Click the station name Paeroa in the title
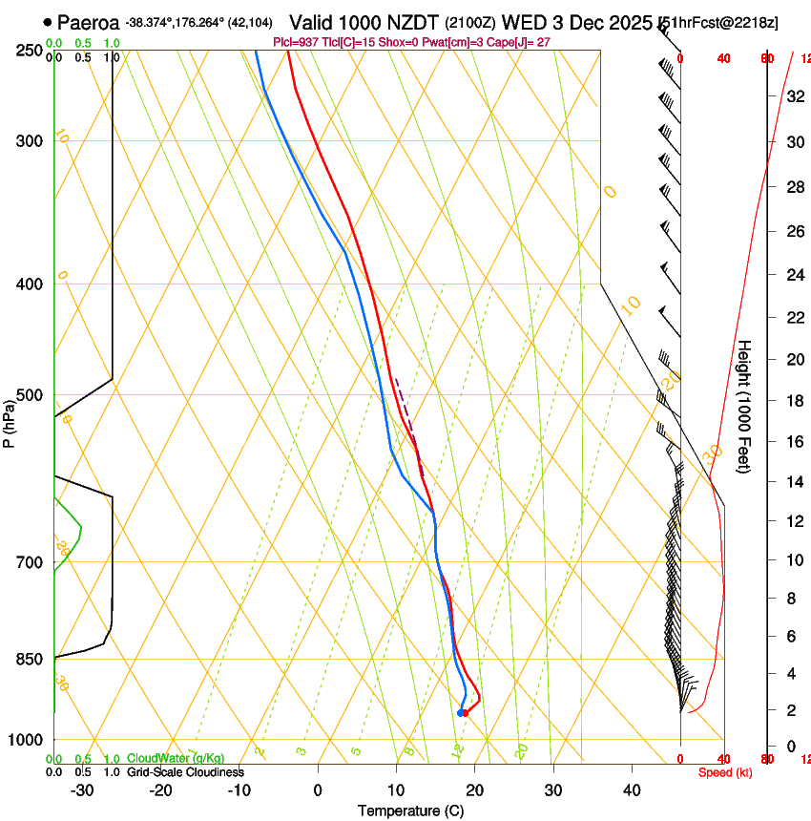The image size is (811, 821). point(88,22)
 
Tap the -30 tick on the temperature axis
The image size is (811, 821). point(82,790)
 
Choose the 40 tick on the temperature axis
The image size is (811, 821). point(631,790)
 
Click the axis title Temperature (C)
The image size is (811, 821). point(410,810)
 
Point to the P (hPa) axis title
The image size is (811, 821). point(9,422)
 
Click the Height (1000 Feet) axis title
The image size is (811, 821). point(744,407)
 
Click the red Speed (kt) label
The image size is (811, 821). point(725,772)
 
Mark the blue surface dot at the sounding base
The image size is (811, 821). point(461,712)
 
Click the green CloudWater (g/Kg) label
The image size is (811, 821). point(176,759)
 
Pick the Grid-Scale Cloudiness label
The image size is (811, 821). point(185,772)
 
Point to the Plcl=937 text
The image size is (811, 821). point(296,42)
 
